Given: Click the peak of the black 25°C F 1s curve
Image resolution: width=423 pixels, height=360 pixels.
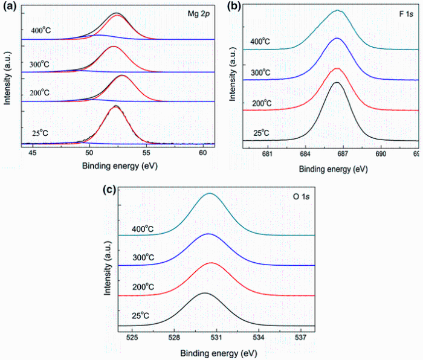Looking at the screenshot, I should point(337,83).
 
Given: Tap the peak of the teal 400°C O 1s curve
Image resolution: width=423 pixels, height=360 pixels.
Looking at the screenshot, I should point(210,194).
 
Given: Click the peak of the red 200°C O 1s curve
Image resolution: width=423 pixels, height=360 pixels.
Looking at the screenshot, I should point(211,263).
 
